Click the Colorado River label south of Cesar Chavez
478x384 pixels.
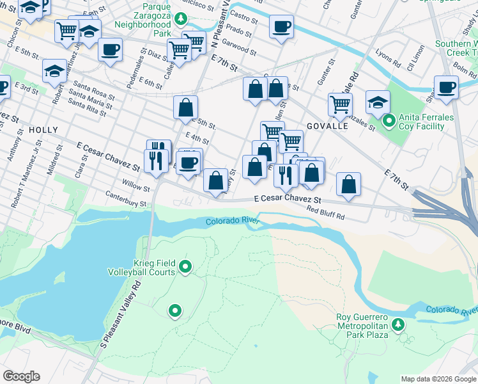[231, 221]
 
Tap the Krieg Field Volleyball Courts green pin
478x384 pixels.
[186, 266]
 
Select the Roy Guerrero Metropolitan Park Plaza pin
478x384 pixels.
[397, 325]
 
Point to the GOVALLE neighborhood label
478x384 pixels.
[327, 126]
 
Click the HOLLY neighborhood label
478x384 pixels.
[43, 130]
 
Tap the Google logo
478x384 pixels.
[21, 376]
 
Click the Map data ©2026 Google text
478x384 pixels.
[438, 379]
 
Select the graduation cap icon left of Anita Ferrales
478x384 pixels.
[378, 101]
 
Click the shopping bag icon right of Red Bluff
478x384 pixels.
[348, 184]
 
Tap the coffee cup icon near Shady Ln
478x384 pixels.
[446, 87]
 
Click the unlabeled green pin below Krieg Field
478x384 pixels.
[174, 312]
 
